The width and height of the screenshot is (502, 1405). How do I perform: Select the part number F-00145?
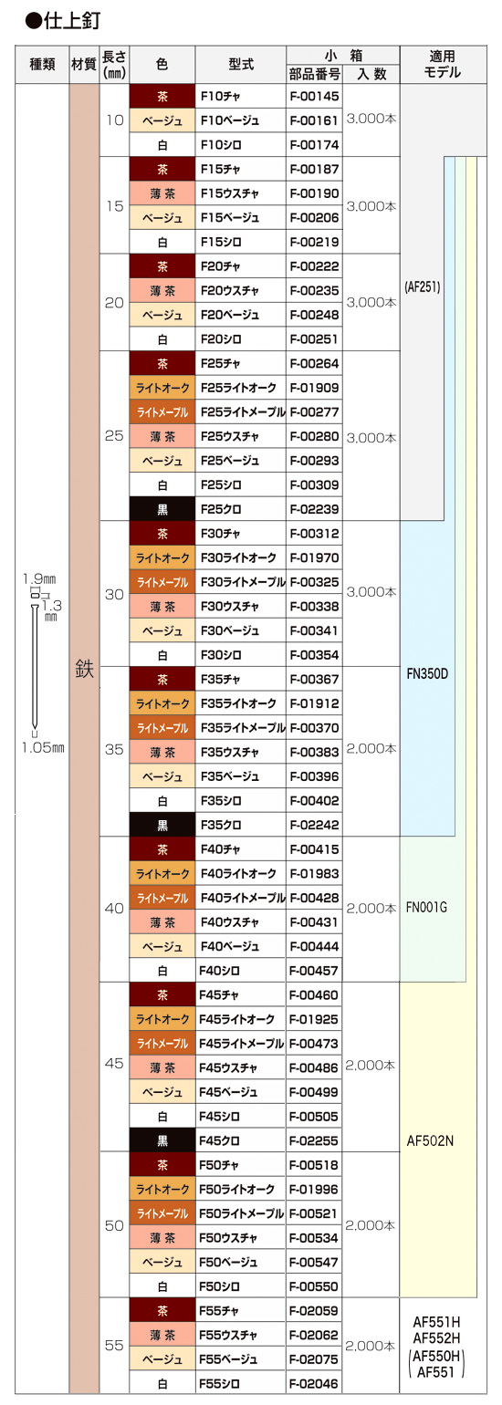(x=314, y=96)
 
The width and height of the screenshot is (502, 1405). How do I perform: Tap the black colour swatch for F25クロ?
(x=162, y=509)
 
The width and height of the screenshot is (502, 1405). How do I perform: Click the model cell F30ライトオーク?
(x=238, y=557)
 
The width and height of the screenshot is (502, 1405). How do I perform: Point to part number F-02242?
(x=314, y=825)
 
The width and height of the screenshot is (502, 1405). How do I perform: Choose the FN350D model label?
(x=427, y=674)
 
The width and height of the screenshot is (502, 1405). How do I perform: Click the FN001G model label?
(x=427, y=907)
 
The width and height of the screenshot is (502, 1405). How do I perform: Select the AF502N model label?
(x=430, y=1140)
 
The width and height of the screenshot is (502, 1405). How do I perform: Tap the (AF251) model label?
(x=423, y=287)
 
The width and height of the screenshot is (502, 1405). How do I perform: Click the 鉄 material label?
(x=84, y=670)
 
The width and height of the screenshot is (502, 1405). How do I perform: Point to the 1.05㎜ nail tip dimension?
(x=43, y=748)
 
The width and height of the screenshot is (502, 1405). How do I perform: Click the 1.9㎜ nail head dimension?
(x=39, y=578)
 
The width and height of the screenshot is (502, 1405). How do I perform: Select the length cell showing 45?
(x=114, y=1063)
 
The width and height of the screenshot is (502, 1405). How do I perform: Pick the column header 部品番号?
(x=314, y=74)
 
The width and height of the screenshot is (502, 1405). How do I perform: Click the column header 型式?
(x=241, y=64)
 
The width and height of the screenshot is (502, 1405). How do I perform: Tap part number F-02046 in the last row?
(x=314, y=1383)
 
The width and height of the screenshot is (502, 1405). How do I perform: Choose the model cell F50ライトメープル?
(x=242, y=1213)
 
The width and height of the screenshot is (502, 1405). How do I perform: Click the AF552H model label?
(x=436, y=1337)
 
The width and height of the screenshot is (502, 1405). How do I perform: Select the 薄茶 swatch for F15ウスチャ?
(x=162, y=193)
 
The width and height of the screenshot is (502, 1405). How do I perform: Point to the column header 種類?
(x=43, y=64)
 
